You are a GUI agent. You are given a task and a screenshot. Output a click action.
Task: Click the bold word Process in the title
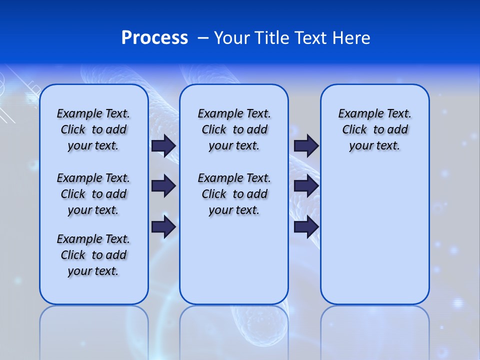[154, 38]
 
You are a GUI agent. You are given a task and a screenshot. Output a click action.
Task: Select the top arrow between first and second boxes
[163, 145]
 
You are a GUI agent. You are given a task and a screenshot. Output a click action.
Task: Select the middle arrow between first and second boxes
[163, 186]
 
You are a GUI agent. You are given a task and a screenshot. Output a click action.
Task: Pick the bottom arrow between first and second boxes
[163, 227]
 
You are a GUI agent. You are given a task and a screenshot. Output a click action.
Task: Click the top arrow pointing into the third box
[306, 145]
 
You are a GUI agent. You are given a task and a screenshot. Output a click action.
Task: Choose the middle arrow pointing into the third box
[306, 186]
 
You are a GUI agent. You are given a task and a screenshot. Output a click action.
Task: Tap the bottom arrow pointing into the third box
[306, 227]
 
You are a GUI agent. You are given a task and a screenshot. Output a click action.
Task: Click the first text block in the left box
[93, 129]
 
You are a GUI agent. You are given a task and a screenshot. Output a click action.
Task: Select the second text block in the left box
[93, 194]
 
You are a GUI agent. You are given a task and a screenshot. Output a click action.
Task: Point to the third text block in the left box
[93, 255]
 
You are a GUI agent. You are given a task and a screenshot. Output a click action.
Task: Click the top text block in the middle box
[234, 129]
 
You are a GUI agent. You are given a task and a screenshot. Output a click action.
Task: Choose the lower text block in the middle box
[234, 194]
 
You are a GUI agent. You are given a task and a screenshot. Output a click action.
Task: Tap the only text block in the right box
[375, 129]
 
